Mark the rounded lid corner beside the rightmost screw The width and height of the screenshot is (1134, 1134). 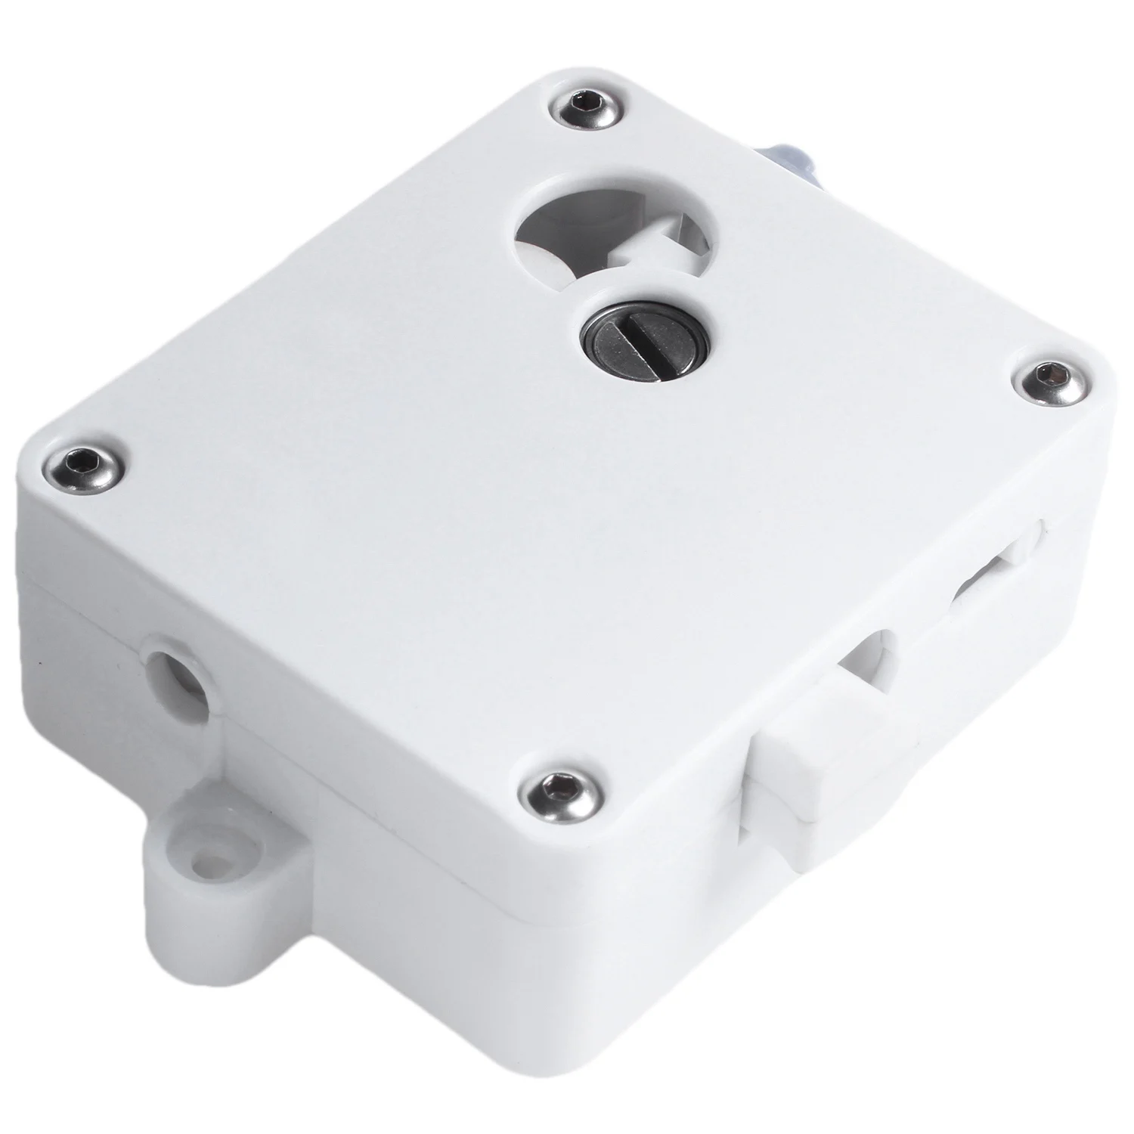(x=1089, y=363)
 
